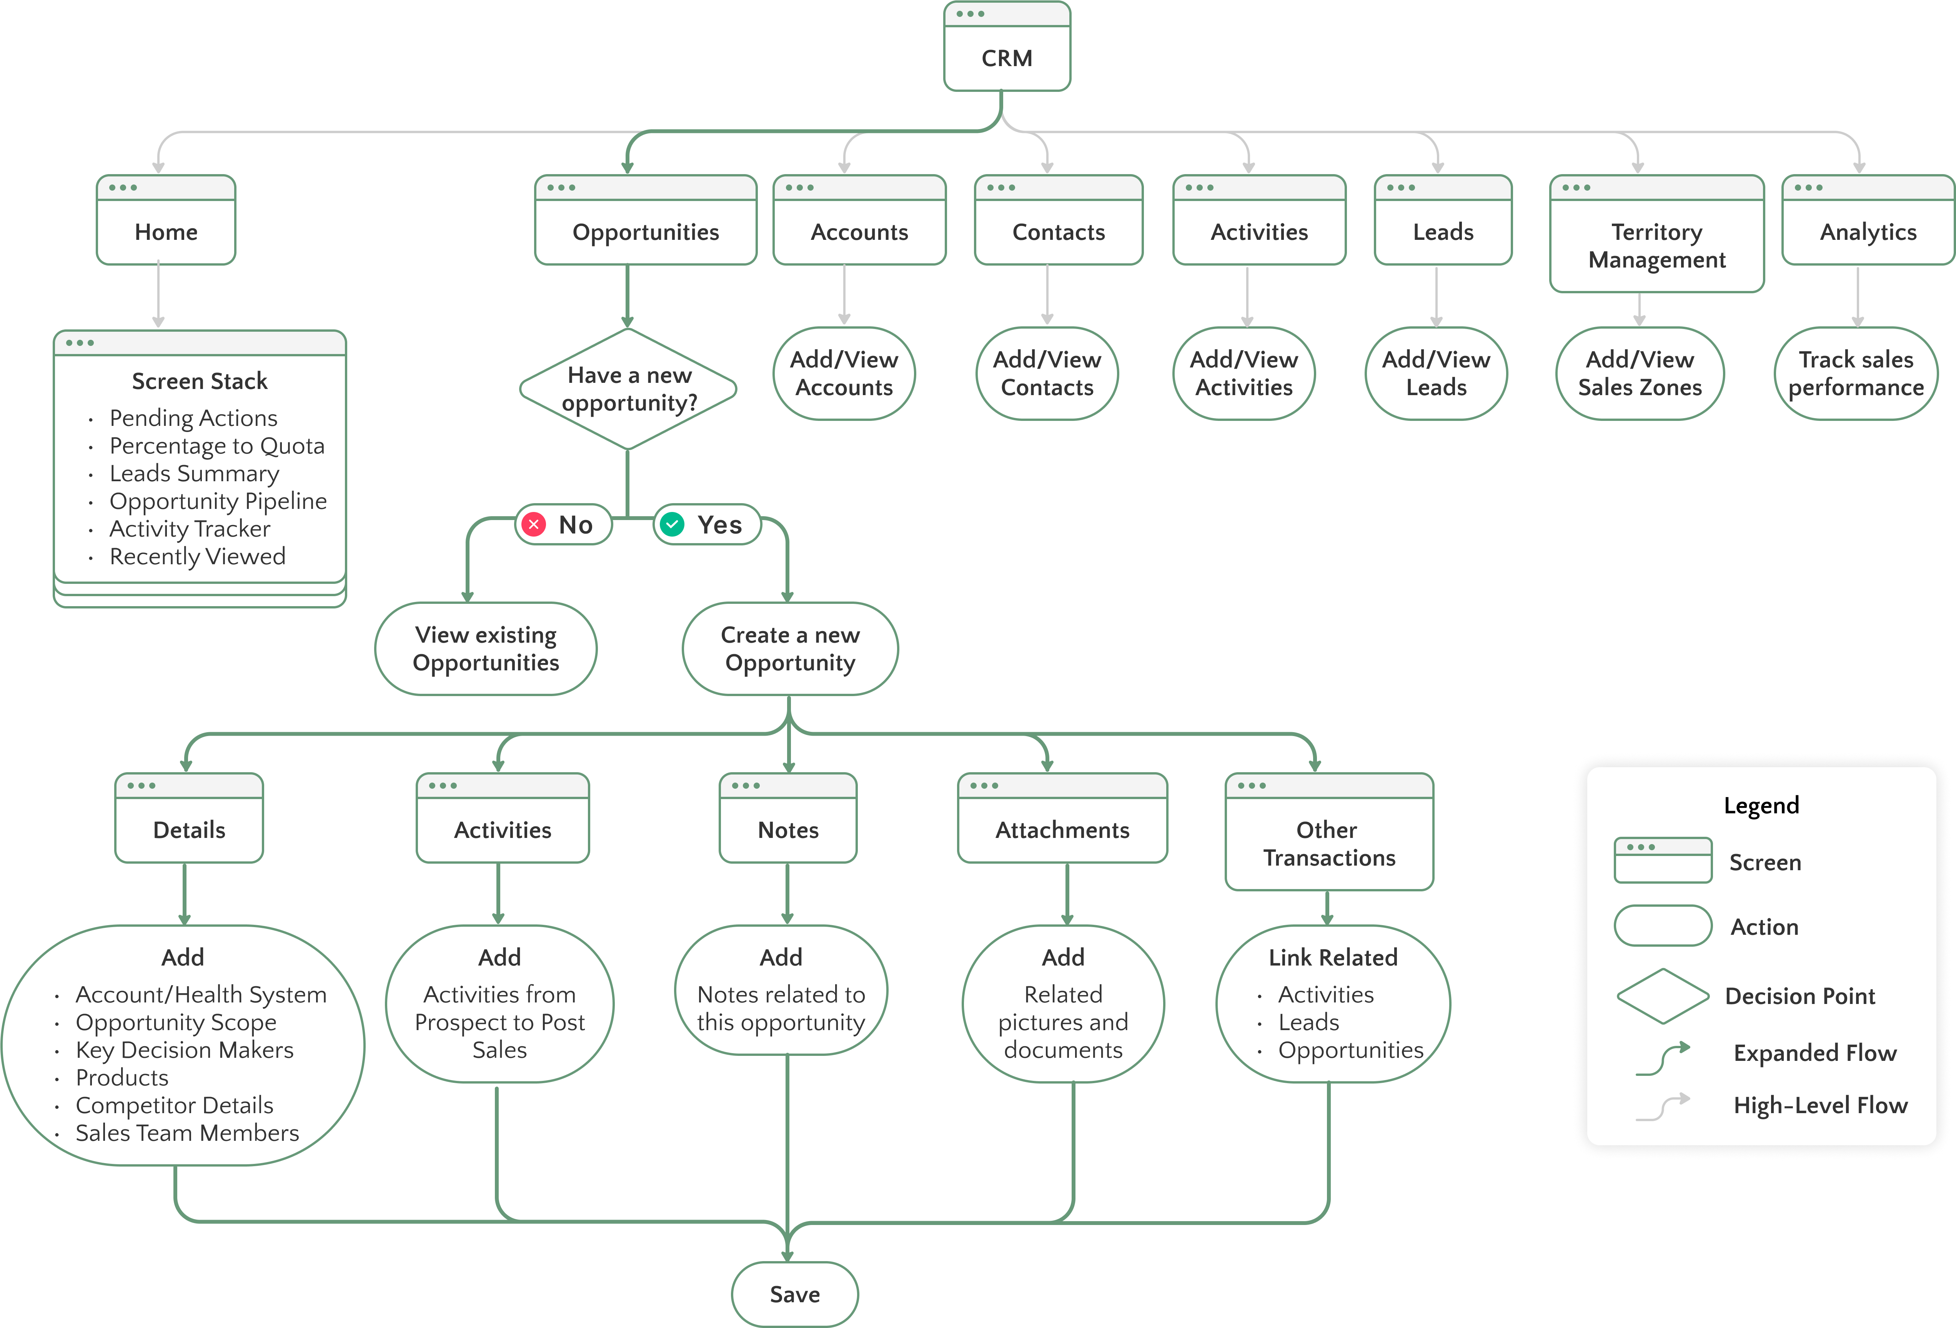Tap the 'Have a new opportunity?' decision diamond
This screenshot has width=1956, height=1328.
(x=629, y=389)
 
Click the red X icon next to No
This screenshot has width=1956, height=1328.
(x=534, y=524)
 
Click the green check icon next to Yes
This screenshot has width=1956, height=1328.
(x=672, y=524)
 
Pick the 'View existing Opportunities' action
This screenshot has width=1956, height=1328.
(x=486, y=649)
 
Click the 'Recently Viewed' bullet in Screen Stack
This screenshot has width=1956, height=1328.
(x=198, y=556)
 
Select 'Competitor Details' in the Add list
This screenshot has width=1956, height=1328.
(x=174, y=1105)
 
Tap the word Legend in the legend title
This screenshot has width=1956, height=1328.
(x=1761, y=805)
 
